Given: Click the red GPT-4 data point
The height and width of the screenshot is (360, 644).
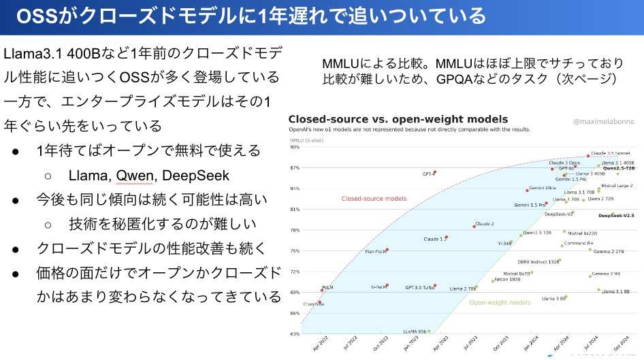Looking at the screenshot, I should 434,172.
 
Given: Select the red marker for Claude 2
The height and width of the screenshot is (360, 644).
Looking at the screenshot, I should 474,226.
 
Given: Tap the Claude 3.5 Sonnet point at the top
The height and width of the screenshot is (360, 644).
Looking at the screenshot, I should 588,156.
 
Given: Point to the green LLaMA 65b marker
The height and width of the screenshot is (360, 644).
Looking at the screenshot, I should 429,331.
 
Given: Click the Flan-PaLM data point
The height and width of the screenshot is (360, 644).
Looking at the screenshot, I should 387,250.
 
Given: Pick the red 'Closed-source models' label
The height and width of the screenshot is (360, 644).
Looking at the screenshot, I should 374,199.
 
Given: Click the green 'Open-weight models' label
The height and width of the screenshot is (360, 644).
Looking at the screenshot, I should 500,302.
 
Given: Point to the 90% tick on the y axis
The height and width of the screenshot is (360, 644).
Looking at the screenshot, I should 295,146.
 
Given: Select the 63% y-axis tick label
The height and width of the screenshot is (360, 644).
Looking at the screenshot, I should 295,334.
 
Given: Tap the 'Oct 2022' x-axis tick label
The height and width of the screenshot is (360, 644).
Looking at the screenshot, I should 381,344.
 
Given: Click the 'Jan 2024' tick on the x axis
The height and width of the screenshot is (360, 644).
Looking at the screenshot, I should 526,344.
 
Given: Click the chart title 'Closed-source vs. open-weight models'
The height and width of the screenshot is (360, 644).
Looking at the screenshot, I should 398,120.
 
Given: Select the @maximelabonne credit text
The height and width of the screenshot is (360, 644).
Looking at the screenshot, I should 602,122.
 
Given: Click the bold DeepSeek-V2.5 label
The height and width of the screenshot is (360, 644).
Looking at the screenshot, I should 615,216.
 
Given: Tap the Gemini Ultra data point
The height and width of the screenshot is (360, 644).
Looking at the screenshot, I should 527,190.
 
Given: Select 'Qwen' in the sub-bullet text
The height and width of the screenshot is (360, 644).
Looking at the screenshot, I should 134,176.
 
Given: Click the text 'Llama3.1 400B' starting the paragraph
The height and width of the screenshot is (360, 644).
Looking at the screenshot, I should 47,53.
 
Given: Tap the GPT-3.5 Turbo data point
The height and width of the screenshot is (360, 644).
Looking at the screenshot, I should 434,286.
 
